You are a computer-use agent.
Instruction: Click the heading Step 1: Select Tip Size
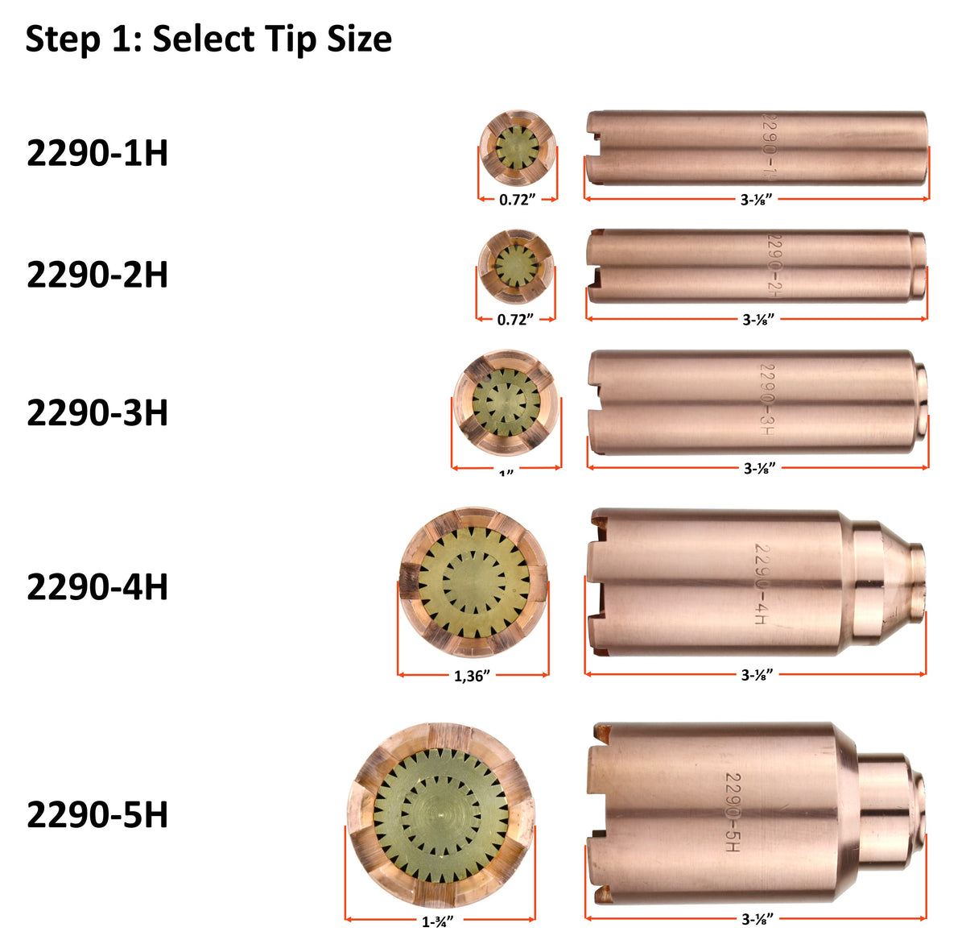coord(208,39)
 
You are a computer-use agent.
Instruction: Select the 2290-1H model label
coord(97,153)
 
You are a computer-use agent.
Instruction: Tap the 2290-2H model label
coord(97,275)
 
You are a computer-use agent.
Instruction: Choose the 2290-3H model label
coord(97,412)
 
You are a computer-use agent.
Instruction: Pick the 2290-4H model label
coord(97,587)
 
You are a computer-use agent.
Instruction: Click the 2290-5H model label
coord(97,814)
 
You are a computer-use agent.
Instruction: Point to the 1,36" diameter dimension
coord(473,676)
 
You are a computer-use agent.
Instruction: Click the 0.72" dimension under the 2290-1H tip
coord(517,200)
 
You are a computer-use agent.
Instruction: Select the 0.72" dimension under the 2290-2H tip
coord(515,320)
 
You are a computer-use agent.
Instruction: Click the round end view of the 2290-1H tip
coord(517,148)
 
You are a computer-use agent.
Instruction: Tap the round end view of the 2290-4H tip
coord(473,582)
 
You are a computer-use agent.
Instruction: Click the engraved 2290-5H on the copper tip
coord(732,813)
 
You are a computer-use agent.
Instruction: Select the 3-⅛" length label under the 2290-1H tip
coord(757,200)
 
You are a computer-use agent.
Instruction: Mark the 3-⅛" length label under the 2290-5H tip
coord(757,918)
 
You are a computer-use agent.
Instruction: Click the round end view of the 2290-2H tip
coord(515,266)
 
